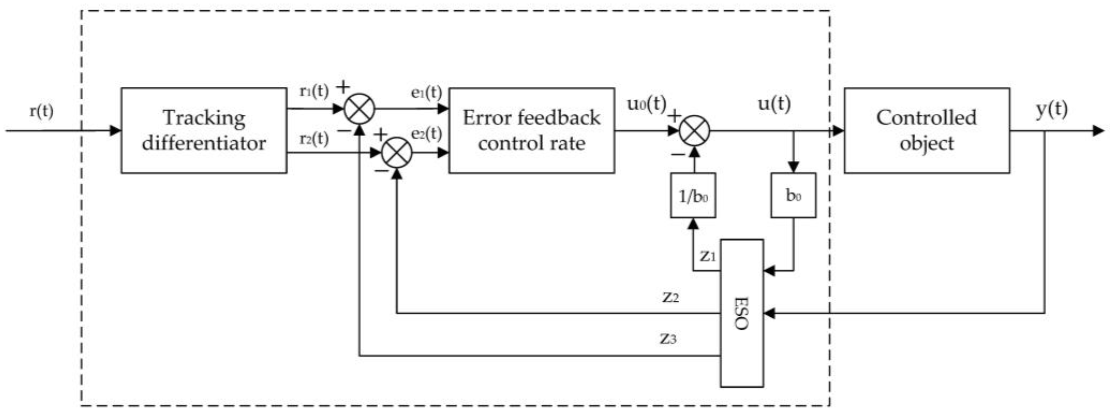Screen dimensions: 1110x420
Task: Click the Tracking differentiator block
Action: pyautogui.click(x=204, y=131)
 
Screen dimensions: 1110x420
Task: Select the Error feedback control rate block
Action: pyautogui.click(x=532, y=131)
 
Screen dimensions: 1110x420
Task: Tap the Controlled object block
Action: pyautogui.click(x=927, y=131)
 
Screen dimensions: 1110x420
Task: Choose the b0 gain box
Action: pyautogui.click(x=793, y=195)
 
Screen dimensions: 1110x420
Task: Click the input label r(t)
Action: pyautogui.click(x=41, y=111)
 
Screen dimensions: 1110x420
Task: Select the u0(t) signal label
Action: pyautogui.click(x=646, y=104)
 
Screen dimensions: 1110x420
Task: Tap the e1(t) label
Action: pyautogui.click(x=426, y=92)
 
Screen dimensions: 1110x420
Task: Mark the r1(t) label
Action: pyautogui.click(x=314, y=91)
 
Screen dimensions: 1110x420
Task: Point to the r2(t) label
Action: pyautogui.click(x=314, y=139)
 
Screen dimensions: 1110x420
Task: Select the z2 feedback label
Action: pyautogui.click(x=670, y=297)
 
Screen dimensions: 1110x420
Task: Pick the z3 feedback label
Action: pyautogui.click(x=668, y=339)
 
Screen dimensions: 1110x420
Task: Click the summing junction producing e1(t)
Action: pyautogui.click(x=359, y=108)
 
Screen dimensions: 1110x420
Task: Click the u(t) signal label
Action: pyautogui.click(x=774, y=104)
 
